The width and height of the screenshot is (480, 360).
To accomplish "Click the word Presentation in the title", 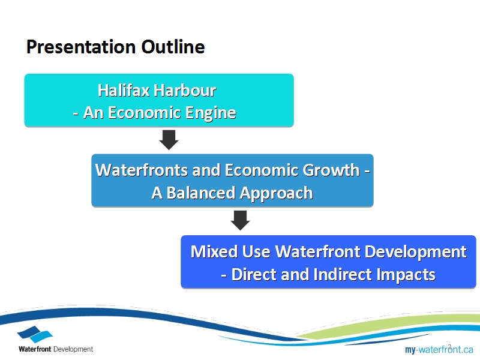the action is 81,47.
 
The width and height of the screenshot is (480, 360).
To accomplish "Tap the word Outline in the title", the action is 173,47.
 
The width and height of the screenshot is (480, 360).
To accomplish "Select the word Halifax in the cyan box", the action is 124,91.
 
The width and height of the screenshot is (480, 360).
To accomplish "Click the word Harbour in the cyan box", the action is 185,91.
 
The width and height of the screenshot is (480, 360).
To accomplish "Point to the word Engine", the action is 211,113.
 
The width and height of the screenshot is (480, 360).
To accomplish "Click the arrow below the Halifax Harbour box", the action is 169,140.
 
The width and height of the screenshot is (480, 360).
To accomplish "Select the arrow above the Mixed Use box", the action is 240,220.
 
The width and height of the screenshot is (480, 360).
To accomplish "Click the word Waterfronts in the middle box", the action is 142,170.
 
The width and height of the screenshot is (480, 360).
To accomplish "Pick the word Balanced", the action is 201,193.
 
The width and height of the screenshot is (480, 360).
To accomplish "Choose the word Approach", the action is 276,194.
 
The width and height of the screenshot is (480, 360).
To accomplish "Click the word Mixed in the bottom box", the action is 214,251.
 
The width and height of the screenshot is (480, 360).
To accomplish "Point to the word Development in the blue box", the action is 415,253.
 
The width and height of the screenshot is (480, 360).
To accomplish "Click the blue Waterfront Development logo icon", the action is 35,334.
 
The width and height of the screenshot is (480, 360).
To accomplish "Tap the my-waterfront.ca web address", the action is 439,350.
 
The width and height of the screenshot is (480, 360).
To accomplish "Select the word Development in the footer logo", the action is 73,349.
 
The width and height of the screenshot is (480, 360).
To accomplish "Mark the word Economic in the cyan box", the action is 145,113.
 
